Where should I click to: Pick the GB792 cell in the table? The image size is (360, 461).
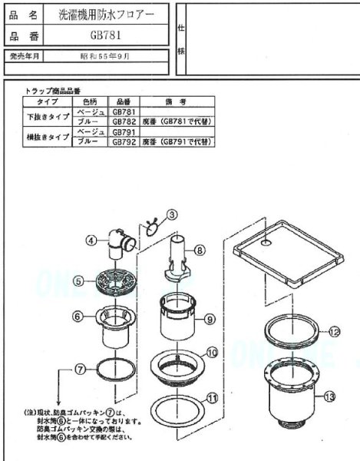pos(124,142)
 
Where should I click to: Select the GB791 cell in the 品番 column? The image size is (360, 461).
pos(124,132)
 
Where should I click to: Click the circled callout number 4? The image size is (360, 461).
pos(90,240)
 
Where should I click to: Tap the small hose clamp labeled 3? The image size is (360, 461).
pos(151,226)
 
